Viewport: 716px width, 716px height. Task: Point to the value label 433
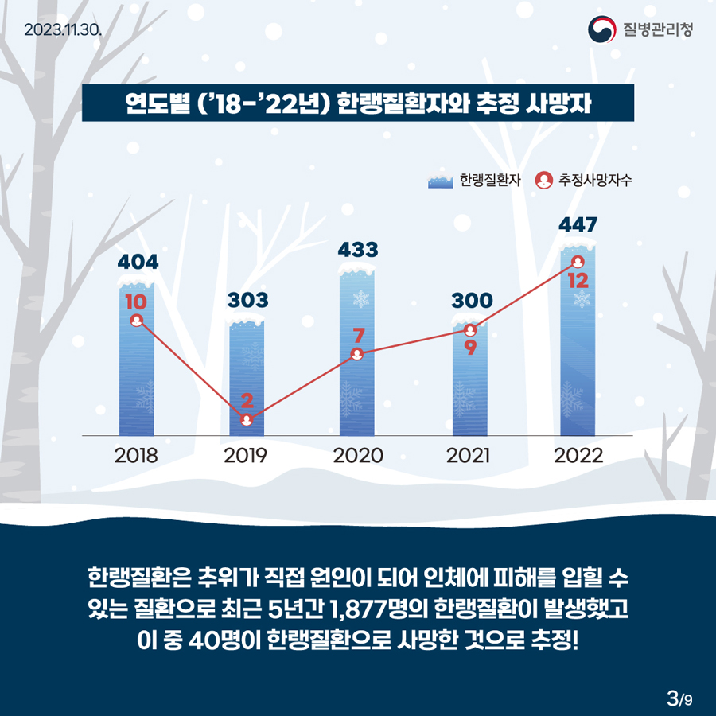point(357,249)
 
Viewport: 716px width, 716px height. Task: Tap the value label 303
point(247,300)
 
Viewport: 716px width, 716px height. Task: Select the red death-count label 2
point(247,399)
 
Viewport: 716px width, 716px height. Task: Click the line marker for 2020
point(357,355)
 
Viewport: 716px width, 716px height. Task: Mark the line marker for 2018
point(136,321)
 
